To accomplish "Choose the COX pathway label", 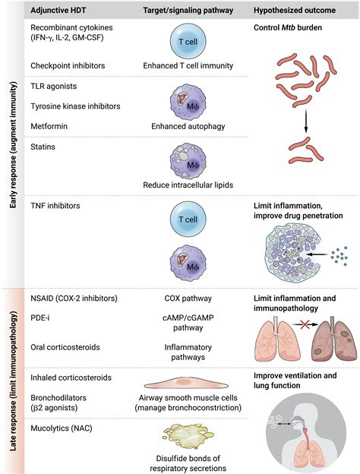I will click(x=181, y=298).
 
